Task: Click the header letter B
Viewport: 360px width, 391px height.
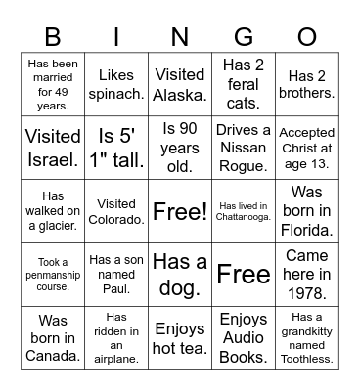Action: [54, 38]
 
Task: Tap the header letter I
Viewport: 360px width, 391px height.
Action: [117, 38]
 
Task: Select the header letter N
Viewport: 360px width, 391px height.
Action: [180, 38]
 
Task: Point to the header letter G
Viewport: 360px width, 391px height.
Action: [244, 38]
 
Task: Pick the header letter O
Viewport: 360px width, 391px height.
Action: [307, 38]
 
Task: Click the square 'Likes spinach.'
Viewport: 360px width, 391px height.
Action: [117, 84]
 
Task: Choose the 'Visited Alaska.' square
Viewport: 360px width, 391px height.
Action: [180, 84]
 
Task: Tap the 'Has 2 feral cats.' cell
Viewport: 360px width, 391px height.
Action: [244, 84]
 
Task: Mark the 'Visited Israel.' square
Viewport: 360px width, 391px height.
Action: [54, 147]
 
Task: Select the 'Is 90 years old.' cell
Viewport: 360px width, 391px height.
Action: [180, 147]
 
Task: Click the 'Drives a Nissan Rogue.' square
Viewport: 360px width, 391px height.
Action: [244, 147]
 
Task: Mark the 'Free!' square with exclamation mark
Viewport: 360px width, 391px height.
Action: [180, 210]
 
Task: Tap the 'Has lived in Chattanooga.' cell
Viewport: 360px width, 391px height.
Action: [244, 210]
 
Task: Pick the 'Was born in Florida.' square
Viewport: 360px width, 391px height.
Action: [307, 210]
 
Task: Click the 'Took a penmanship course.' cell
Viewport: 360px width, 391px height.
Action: [54, 274]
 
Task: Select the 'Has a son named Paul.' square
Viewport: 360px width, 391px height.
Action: [117, 274]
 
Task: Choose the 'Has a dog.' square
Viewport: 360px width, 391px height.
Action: [180, 274]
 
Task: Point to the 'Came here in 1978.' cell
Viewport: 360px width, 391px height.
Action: [307, 274]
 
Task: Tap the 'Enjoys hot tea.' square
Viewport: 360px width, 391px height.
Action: [180, 337]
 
